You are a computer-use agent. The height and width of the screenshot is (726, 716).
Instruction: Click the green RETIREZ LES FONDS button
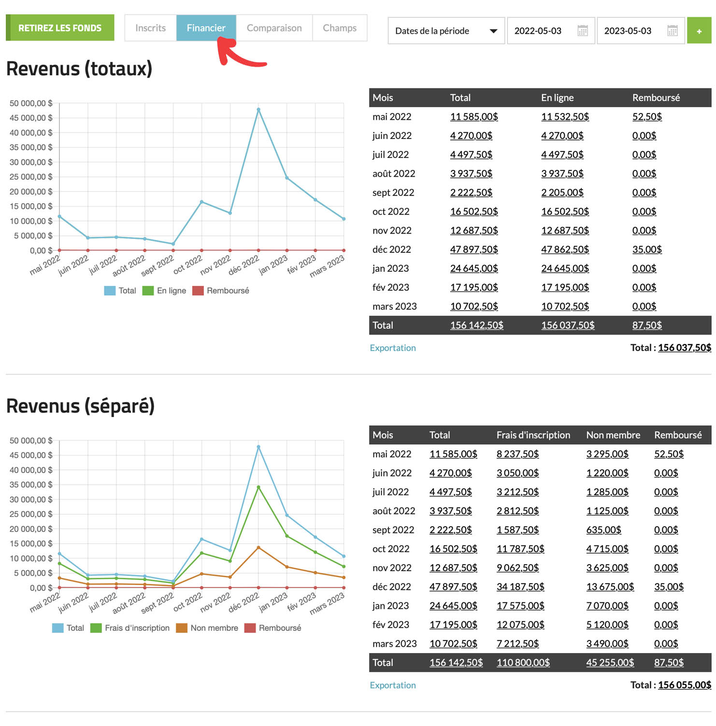(x=60, y=28)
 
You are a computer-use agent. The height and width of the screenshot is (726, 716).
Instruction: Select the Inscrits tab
(x=150, y=28)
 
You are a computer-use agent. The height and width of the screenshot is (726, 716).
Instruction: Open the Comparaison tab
(x=274, y=28)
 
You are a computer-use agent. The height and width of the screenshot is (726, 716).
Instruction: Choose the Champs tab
(x=340, y=28)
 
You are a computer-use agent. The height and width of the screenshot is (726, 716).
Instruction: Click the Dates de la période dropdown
(x=446, y=31)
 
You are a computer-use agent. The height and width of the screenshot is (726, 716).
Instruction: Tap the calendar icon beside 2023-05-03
(x=672, y=31)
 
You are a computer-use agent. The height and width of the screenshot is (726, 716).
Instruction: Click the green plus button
(x=699, y=31)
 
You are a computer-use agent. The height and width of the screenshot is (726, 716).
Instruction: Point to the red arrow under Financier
(x=237, y=55)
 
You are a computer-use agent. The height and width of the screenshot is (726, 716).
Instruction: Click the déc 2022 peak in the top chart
(x=258, y=110)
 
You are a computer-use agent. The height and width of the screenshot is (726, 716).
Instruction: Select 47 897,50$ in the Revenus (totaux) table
(x=473, y=250)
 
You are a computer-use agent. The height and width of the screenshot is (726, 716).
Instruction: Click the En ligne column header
(x=557, y=98)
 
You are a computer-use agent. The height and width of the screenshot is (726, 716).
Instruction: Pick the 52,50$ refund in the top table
(x=646, y=117)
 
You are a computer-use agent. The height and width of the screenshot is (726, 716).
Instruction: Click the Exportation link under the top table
(x=392, y=348)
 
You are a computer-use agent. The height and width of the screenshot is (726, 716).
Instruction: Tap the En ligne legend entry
(x=165, y=291)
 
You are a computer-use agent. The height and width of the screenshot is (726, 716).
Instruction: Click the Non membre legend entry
(x=207, y=628)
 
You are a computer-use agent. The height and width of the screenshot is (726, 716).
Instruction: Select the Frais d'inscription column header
(x=533, y=435)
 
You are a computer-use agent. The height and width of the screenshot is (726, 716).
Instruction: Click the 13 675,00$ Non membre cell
(x=610, y=587)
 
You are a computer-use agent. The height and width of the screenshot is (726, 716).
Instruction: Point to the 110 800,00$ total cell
(x=523, y=663)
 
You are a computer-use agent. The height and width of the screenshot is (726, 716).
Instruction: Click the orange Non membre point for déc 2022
(x=258, y=547)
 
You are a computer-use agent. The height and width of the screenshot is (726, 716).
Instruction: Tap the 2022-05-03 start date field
(x=538, y=31)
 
